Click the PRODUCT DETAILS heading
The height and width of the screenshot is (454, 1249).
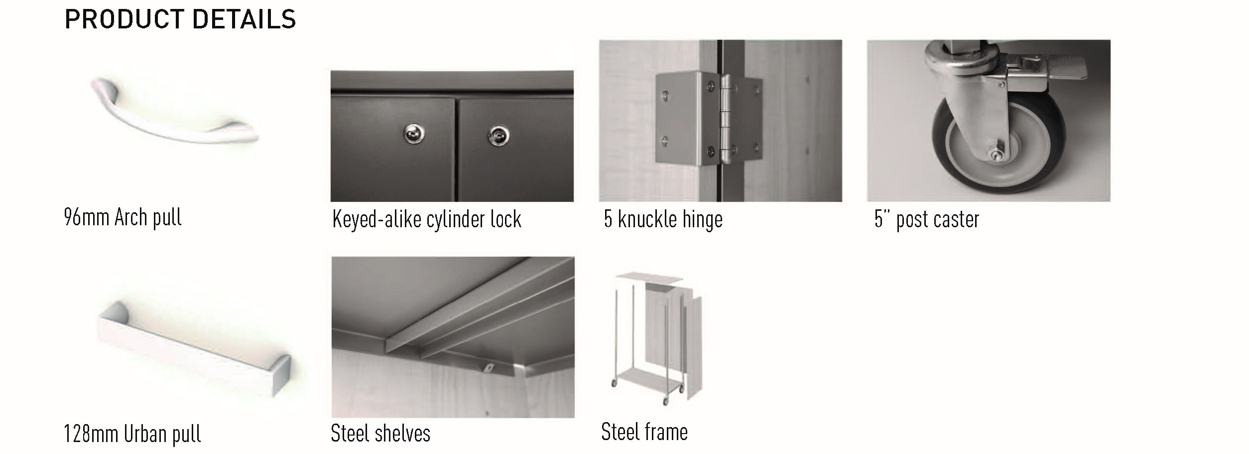[180, 20]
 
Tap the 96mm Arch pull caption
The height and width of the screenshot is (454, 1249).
[123, 218]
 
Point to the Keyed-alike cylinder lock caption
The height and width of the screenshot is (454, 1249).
[427, 220]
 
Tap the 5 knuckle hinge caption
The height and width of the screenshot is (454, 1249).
[663, 220]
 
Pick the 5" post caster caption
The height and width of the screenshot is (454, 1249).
[927, 220]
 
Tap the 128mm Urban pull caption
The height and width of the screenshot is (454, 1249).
[132, 434]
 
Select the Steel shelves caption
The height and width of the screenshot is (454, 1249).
[380, 433]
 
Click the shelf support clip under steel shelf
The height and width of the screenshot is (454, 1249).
[489, 368]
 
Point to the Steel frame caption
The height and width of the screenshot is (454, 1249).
[644, 432]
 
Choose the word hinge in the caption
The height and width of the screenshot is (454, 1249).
[702, 220]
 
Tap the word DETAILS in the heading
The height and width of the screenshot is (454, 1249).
[244, 20]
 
